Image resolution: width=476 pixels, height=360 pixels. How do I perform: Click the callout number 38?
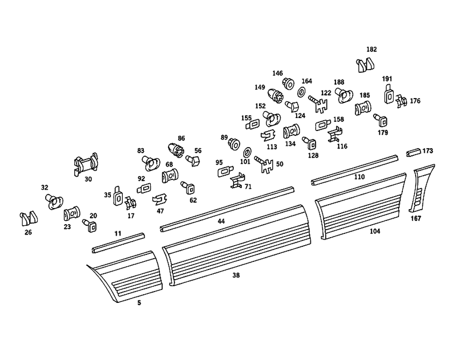coord(236,275)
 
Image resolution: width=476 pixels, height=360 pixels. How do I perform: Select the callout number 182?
coord(371,49)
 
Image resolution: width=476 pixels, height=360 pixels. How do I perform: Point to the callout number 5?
coord(139,302)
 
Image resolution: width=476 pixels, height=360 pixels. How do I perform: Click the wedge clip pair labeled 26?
coord(29,218)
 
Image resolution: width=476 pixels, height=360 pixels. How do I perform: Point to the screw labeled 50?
coord(265,164)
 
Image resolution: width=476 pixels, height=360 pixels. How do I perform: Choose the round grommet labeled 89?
coord(234,143)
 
